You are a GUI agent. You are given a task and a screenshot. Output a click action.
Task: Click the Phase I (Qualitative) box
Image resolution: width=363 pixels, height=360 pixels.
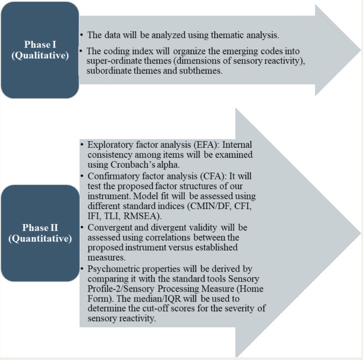click(x=40, y=49)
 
